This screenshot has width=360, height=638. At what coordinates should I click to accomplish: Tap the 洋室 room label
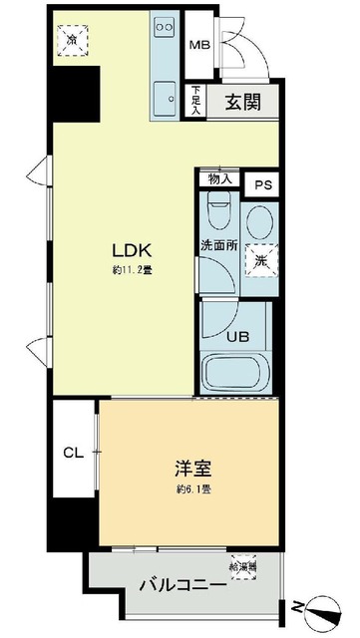click(x=196, y=468)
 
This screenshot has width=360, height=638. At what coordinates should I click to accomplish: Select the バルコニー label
click(x=182, y=584)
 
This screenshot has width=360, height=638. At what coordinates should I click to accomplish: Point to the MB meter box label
click(x=198, y=45)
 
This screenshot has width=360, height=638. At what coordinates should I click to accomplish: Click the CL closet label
click(x=73, y=453)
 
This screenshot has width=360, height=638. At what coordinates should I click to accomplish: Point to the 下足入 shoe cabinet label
click(x=197, y=101)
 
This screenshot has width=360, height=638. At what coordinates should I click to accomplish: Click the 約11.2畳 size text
click(x=134, y=270)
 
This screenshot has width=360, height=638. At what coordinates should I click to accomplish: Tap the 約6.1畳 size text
click(x=196, y=488)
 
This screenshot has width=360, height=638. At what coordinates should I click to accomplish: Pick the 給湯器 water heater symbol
click(x=243, y=562)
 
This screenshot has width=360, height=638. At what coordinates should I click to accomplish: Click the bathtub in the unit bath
click(x=237, y=375)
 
